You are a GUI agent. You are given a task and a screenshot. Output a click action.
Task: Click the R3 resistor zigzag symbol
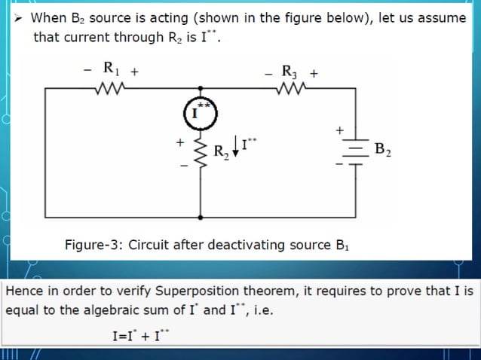[x=290, y=88]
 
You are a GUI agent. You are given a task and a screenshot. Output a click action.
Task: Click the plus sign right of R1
[x=133, y=73]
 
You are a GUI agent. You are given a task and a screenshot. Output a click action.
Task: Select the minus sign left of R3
[x=268, y=74]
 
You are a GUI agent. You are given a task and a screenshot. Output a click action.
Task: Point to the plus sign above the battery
[x=340, y=130]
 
